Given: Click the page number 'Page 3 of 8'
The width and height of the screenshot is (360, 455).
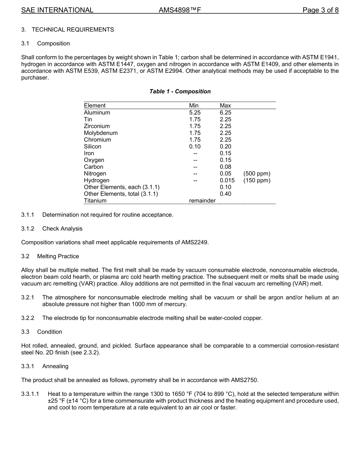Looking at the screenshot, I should point(320,10).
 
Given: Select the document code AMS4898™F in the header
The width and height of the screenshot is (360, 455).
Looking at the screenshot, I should point(180,10).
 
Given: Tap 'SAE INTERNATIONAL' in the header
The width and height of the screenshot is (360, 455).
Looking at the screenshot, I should point(57,10).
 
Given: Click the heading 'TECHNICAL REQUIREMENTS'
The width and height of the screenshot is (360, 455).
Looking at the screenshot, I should point(73,30).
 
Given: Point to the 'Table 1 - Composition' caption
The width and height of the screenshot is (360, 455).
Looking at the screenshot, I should point(180,91).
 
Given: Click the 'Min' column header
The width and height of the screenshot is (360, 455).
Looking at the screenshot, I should point(194,105).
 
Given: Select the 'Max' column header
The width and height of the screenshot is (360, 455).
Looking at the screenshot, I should point(225,105).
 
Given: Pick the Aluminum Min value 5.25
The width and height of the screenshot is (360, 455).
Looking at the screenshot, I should point(195,113).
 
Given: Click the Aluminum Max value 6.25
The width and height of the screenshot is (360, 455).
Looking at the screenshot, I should point(225,113).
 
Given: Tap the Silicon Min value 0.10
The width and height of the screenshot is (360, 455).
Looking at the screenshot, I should point(195,146).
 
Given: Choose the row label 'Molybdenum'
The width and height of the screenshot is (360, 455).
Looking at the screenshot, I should point(101,133).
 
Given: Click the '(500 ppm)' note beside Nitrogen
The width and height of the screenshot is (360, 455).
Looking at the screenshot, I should point(257,174).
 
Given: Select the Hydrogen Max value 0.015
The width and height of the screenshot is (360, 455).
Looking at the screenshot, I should point(227,180).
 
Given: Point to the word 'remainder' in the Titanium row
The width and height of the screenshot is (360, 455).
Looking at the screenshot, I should point(202,201).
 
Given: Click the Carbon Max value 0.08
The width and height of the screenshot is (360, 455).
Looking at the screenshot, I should point(225,167).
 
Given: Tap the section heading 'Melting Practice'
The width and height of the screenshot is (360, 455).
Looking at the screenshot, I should point(58,256).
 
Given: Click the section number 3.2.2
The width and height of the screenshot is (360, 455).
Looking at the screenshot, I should point(28,318).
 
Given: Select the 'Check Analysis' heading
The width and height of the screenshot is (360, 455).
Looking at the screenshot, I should point(62,229).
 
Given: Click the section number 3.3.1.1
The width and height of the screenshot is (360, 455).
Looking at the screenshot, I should point(30,394).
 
